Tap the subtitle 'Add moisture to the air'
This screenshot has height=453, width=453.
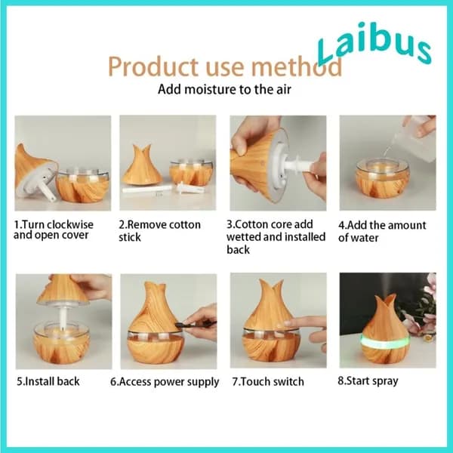click(x=224, y=89)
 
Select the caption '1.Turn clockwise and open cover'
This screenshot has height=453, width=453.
click(x=54, y=230)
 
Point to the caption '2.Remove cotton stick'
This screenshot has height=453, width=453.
click(x=159, y=231)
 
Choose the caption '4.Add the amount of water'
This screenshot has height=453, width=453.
click(x=382, y=232)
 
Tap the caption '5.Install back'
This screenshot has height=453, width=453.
click(x=48, y=381)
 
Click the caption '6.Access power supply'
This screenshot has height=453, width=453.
click(x=165, y=382)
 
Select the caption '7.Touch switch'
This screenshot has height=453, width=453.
click(x=268, y=381)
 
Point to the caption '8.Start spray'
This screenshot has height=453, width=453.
click(x=368, y=381)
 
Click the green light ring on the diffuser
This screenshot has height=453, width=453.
click(x=385, y=342)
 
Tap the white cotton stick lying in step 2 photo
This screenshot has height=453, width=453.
click(x=146, y=190)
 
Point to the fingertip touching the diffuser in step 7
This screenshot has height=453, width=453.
click(x=288, y=323)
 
